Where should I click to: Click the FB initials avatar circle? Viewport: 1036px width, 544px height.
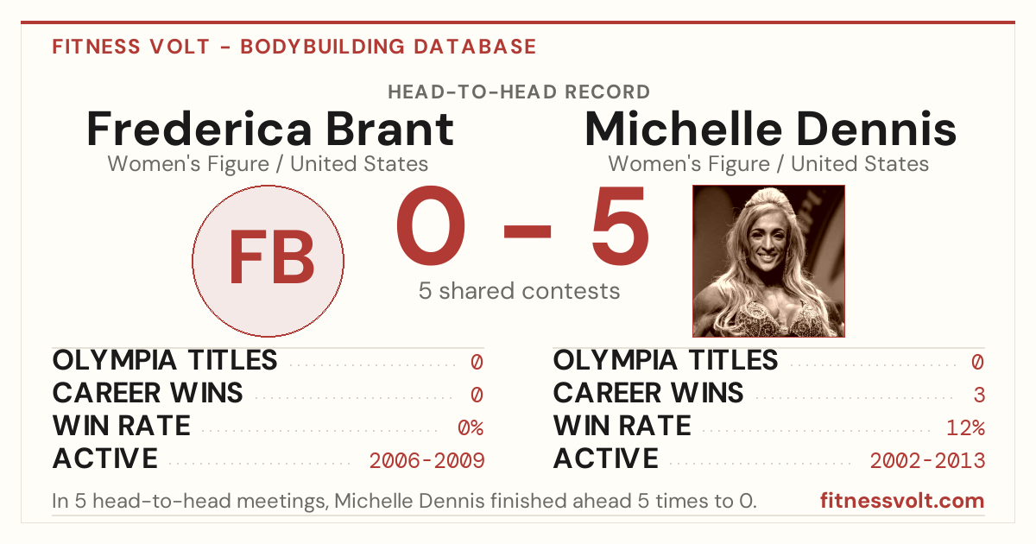point(268,261)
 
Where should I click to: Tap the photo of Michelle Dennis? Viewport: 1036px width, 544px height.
point(768,261)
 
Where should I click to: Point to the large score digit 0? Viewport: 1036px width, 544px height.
point(431,225)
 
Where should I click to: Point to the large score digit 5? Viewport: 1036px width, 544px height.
point(620,225)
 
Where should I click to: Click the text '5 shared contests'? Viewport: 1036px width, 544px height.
point(519,291)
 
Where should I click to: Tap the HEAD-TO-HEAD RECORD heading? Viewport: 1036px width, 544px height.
point(519,92)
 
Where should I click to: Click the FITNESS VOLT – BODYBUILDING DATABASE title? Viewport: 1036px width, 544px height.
point(294,47)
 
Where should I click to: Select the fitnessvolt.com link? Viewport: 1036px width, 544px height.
point(902,501)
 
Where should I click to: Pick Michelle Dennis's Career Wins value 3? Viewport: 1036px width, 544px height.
point(979,395)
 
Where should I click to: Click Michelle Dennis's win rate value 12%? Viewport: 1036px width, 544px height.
point(965,427)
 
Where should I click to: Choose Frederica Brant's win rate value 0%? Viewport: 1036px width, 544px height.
point(471,427)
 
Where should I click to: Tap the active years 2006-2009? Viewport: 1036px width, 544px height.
point(426,460)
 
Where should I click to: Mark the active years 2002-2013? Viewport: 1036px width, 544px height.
point(927,460)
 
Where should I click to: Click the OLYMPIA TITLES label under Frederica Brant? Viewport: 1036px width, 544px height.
point(165,360)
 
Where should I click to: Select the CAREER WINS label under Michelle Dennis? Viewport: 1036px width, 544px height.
point(648,393)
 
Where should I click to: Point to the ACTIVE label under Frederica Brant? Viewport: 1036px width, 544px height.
point(105,459)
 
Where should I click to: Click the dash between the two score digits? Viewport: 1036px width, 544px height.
point(527,231)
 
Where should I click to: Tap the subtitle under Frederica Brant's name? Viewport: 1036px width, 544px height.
point(268,164)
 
